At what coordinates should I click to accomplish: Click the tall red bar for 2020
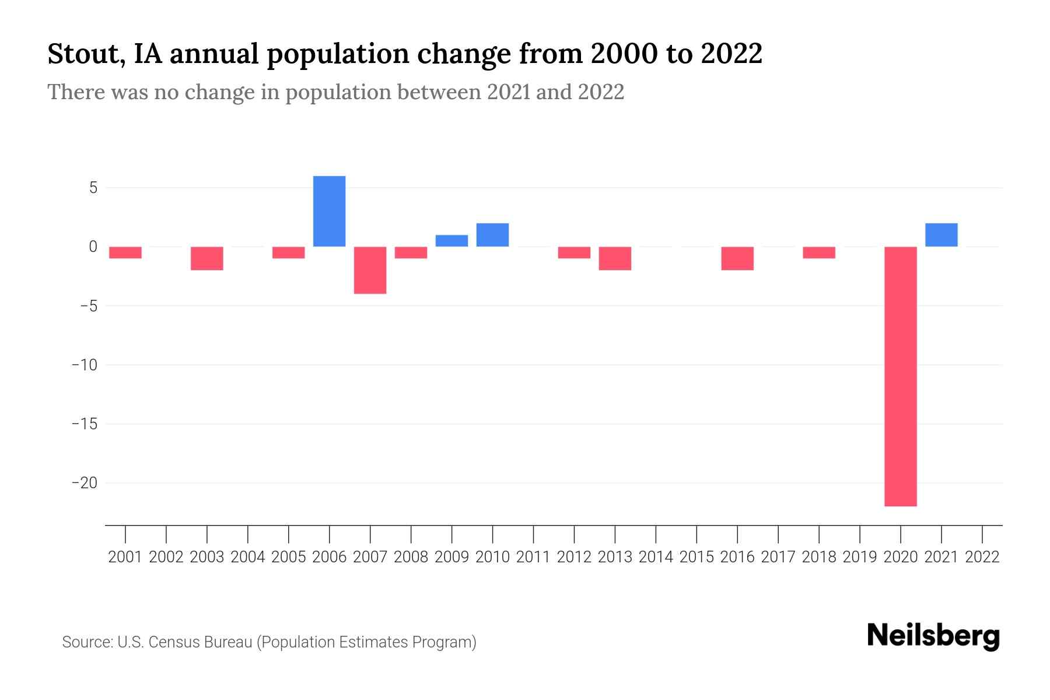coord(901,376)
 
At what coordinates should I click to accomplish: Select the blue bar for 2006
coord(330,211)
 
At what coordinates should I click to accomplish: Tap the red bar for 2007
coord(370,270)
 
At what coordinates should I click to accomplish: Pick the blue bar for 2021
coord(942,235)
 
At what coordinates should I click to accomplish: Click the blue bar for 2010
coord(493,235)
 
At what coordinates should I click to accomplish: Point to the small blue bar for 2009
coord(452,241)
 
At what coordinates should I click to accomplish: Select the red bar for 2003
coord(207,258)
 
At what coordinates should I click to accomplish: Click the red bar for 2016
coord(737,258)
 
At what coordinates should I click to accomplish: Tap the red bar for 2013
coord(615,258)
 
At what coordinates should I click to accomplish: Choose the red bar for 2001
coord(125,253)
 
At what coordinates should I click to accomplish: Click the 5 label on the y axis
coord(93,188)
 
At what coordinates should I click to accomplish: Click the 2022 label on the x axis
coord(982,557)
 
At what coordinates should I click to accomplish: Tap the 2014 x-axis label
coord(656,557)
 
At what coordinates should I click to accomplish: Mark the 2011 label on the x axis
coord(533,557)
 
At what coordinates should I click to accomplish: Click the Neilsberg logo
coord(933,636)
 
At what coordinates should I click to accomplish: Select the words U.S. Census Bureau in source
coord(185,642)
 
